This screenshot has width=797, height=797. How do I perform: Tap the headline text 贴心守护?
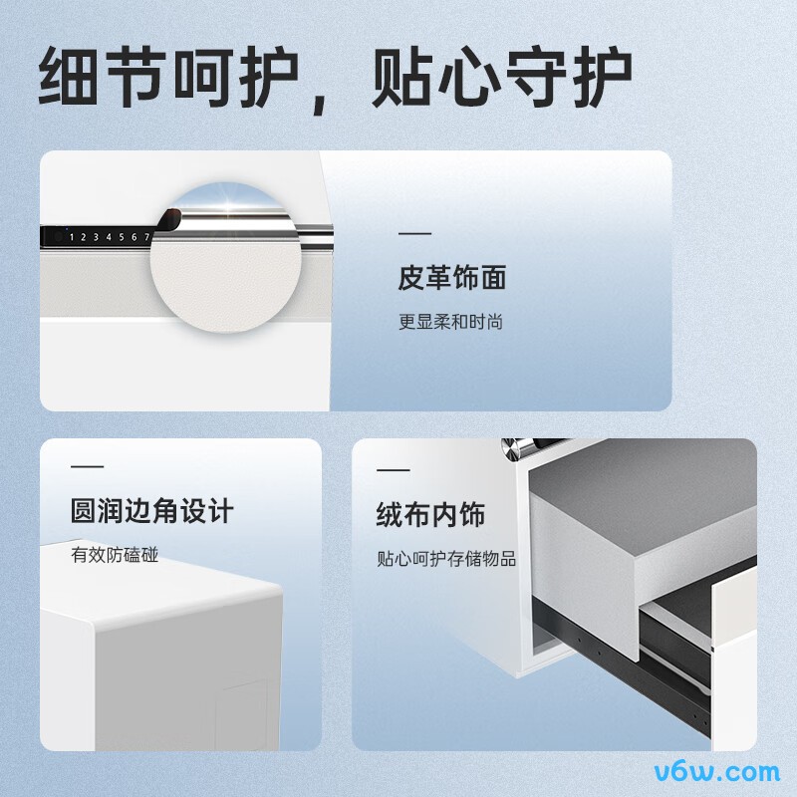point(502,77)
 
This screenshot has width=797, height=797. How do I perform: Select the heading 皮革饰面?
point(452,278)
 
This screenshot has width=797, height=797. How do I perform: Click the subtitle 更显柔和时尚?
point(450,322)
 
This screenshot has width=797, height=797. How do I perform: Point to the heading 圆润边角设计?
point(152,511)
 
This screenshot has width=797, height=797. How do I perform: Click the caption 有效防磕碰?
point(115,555)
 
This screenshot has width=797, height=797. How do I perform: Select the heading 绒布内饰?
point(430,514)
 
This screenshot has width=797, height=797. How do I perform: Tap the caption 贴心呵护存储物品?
point(446,559)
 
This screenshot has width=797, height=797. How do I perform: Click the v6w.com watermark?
point(717,771)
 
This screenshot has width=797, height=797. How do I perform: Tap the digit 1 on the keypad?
point(72,237)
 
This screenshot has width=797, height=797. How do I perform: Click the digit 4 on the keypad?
point(109,237)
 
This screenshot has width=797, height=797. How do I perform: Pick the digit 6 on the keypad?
point(134,237)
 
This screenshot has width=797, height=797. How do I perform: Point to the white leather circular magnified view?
point(226,258)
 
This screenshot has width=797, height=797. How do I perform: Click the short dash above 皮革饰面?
point(414,234)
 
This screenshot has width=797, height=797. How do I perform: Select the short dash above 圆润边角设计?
point(88,466)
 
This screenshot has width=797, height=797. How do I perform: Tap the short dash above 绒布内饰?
point(393,470)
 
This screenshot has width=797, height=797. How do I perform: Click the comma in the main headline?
point(319,104)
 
